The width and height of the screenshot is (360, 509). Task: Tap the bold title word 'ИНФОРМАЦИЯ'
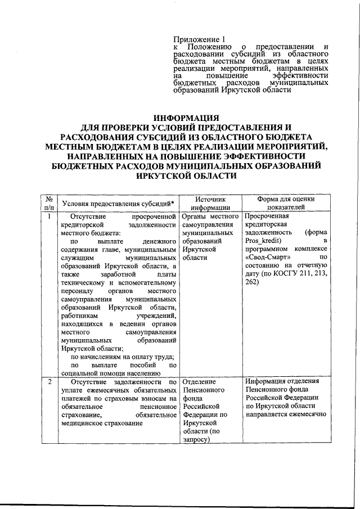(186, 118)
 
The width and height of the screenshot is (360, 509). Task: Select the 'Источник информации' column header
(210, 202)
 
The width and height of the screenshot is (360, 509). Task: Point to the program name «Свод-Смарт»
(265, 256)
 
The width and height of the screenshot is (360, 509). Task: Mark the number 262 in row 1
(252, 281)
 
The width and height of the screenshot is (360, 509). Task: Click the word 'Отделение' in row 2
(201, 382)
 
